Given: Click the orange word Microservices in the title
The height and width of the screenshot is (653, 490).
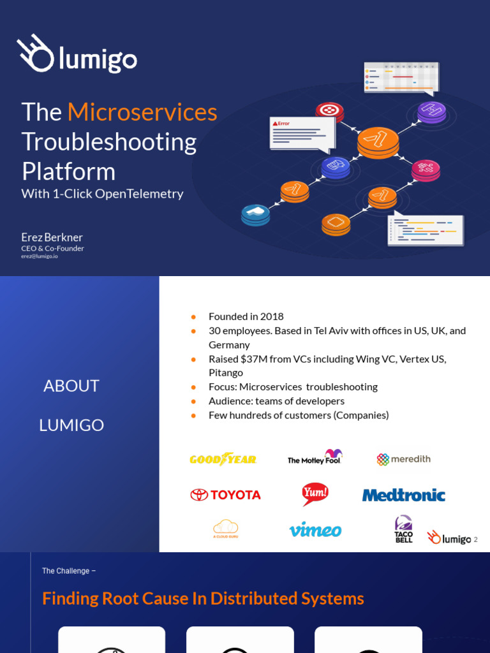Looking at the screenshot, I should [142, 112].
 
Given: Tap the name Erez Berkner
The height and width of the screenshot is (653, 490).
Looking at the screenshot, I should [52, 237].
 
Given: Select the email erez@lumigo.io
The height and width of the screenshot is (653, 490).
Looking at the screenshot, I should [39, 256].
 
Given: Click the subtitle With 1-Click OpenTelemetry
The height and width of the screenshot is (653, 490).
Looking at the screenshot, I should [102, 194].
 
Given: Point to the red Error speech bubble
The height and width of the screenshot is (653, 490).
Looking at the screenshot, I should [302, 133].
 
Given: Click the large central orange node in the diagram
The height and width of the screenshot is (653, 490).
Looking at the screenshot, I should [378, 141].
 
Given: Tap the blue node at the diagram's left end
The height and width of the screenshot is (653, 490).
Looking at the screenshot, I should [255, 215].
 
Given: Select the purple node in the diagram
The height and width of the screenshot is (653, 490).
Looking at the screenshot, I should [431, 112].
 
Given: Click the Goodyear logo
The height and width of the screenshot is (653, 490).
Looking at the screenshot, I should [223, 459].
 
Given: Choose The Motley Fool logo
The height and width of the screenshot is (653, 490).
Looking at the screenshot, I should [315, 457].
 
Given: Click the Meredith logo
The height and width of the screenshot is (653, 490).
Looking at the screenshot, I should [403, 459].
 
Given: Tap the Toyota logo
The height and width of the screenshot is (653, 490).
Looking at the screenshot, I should [225, 495].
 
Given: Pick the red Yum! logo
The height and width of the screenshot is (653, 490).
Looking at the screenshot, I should [315, 493].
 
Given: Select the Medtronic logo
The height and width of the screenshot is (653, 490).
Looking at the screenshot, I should [403, 495].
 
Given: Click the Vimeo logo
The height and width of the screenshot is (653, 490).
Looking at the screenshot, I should [315, 530].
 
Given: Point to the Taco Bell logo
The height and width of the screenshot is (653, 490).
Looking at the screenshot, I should [403, 529].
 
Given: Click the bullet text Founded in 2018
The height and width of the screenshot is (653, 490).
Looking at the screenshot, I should [246, 316].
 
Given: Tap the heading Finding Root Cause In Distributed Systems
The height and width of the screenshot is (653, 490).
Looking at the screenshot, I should [203, 598].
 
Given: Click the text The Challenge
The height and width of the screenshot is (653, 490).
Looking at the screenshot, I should [66, 571].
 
